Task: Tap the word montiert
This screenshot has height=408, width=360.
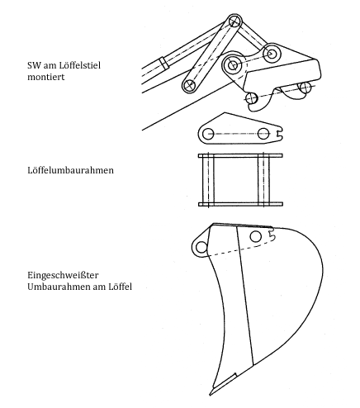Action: click(x=45, y=77)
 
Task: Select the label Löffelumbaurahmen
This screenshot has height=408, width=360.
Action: click(x=70, y=170)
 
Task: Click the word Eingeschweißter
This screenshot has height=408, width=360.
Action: click(x=63, y=275)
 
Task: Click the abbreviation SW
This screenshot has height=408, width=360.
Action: click(x=34, y=65)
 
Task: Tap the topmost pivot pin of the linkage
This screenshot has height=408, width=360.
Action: click(x=234, y=21)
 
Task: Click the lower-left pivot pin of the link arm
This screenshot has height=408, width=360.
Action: click(x=189, y=85)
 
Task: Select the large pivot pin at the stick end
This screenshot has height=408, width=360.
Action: click(x=233, y=65)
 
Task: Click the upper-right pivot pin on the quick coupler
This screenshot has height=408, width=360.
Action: click(x=272, y=54)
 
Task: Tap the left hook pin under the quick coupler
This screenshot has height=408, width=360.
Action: click(x=251, y=98)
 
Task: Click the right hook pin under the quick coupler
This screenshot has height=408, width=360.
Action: click(x=306, y=88)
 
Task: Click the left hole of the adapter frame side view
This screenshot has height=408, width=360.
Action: click(x=208, y=134)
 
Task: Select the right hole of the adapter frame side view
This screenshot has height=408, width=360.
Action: click(x=263, y=134)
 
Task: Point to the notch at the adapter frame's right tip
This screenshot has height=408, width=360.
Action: click(x=278, y=134)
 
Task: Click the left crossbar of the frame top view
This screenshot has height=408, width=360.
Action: click(x=208, y=180)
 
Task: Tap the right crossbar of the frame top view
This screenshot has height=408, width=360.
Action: click(x=263, y=180)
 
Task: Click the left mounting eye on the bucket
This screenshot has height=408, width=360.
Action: click(x=201, y=247)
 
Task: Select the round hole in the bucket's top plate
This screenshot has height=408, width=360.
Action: click(x=256, y=236)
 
